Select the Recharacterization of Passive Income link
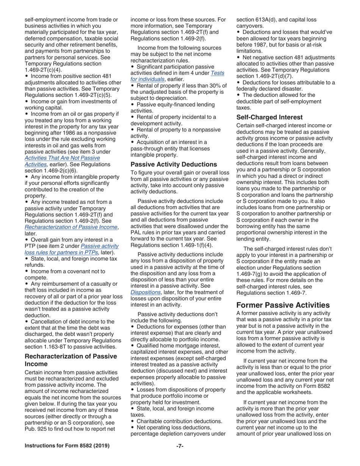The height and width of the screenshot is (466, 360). tap(71, 227)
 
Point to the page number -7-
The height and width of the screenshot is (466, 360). tap(180, 446)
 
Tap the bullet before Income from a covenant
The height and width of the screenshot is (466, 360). tap(26, 272)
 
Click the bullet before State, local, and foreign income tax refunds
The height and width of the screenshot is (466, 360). tap(26, 259)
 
